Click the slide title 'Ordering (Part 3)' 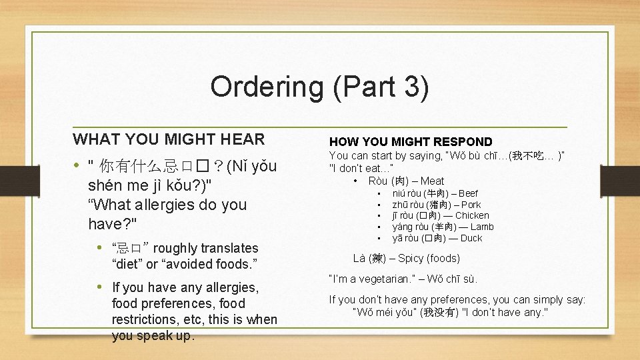(319, 87)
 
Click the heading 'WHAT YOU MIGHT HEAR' (169, 139)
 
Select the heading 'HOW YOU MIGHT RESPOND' (411, 141)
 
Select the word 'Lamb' (482, 227)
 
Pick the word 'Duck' (471, 238)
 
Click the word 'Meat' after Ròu (432, 181)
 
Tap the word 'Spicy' (411, 258)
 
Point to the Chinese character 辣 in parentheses (377, 258)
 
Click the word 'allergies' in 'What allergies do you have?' (160, 205)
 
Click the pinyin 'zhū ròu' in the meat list (407, 205)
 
